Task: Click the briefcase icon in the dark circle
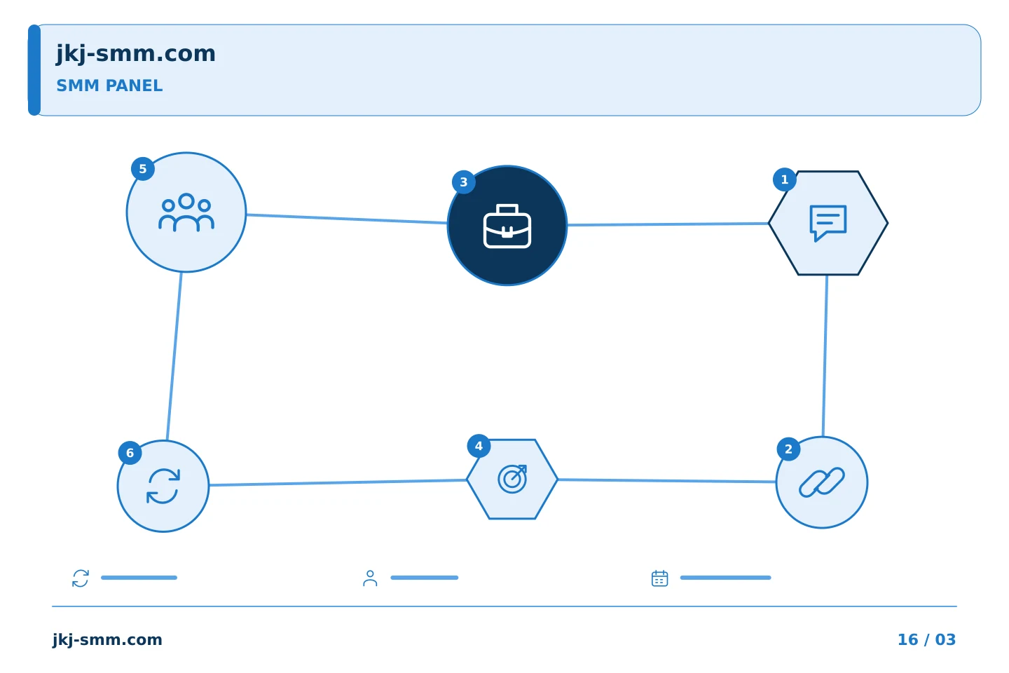pos(507,226)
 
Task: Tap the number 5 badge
pos(143,169)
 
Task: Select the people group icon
pos(186,212)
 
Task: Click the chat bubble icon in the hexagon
pos(828,223)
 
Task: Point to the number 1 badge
pos(785,180)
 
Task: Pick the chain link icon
pos(822,482)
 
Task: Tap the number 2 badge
pos(789,449)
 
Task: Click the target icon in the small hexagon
pos(512,479)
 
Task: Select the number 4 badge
pos(479,447)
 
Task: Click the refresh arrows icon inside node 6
pos(163,486)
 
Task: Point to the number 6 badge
pos(130,453)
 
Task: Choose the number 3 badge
pos(464,182)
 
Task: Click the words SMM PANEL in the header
pos(109,86)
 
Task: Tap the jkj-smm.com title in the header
pos(136,54)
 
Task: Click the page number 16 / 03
pos(926,639)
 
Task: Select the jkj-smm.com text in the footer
pos(107,640)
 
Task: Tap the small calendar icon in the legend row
pos(660,578)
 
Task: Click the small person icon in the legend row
pos(370,578)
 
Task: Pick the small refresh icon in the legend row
pos(81,578)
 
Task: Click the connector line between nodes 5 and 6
pos(174,356)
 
